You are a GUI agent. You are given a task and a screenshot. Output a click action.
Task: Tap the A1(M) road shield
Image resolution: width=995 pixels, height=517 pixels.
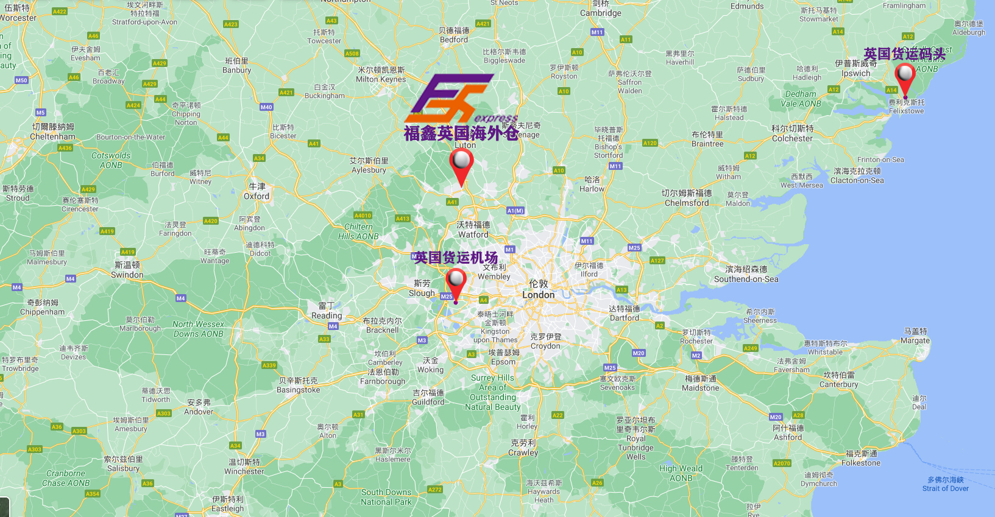pos(515,211)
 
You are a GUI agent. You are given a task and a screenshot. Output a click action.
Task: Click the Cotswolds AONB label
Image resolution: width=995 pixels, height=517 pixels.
pos(111,160)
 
